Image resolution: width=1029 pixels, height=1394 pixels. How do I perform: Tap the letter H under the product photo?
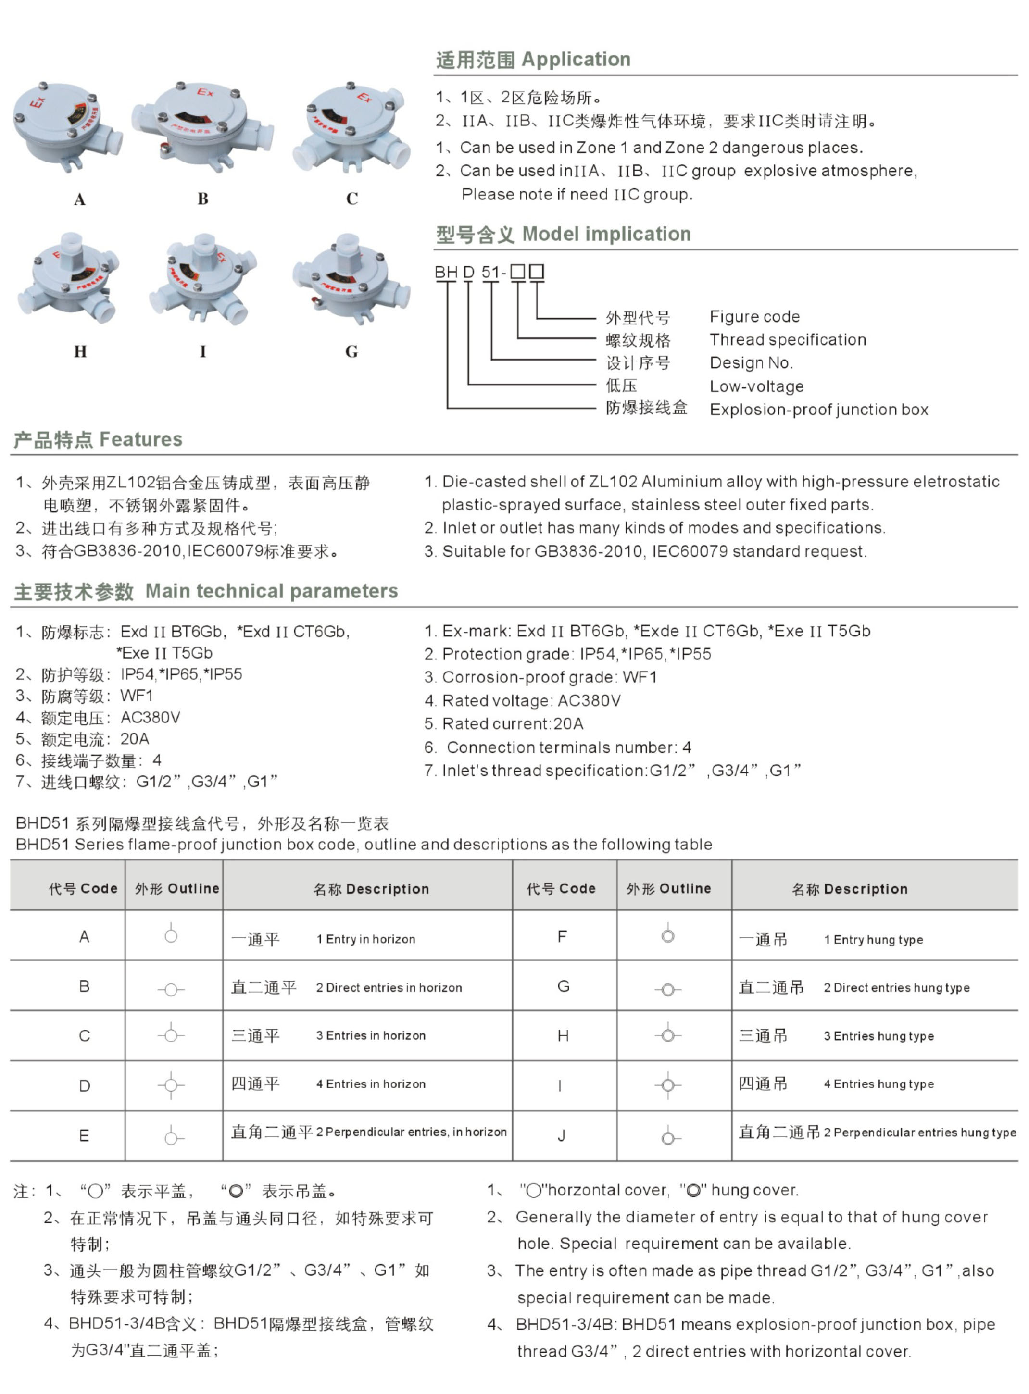pyautogui.click(x=80, y=352)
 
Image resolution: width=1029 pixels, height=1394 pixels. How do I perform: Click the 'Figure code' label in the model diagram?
pyautogui.click(x=754, y=317)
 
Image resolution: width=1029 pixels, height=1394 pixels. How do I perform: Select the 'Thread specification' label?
pyautogui.click(x=787, y=340)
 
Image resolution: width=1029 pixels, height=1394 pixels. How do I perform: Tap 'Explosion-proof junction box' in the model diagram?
pyautogui.click(x=818, y=410)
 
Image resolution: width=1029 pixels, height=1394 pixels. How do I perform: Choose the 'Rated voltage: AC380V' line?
pyautogui.click(x=522, y=701)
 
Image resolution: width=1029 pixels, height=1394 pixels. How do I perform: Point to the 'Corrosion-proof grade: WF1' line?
pyautogui.click(x=540, y=677)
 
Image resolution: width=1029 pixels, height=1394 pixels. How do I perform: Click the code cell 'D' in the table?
pyautogui.click(x=84, y=1086)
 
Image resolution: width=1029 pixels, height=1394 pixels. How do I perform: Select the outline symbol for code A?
pyautogui.click(x=171, y=935)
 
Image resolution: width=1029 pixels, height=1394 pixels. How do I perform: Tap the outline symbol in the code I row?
pyautogui.click(x=668, y=1085)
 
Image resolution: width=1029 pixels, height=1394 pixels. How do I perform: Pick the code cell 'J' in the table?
pyautogui.click(x=562, y=1135)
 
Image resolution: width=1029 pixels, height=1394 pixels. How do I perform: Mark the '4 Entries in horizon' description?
pyautogui.click(x=371, y=1084)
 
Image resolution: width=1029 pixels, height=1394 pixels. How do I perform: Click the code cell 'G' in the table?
pyautogui.click(x=563, y=986)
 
